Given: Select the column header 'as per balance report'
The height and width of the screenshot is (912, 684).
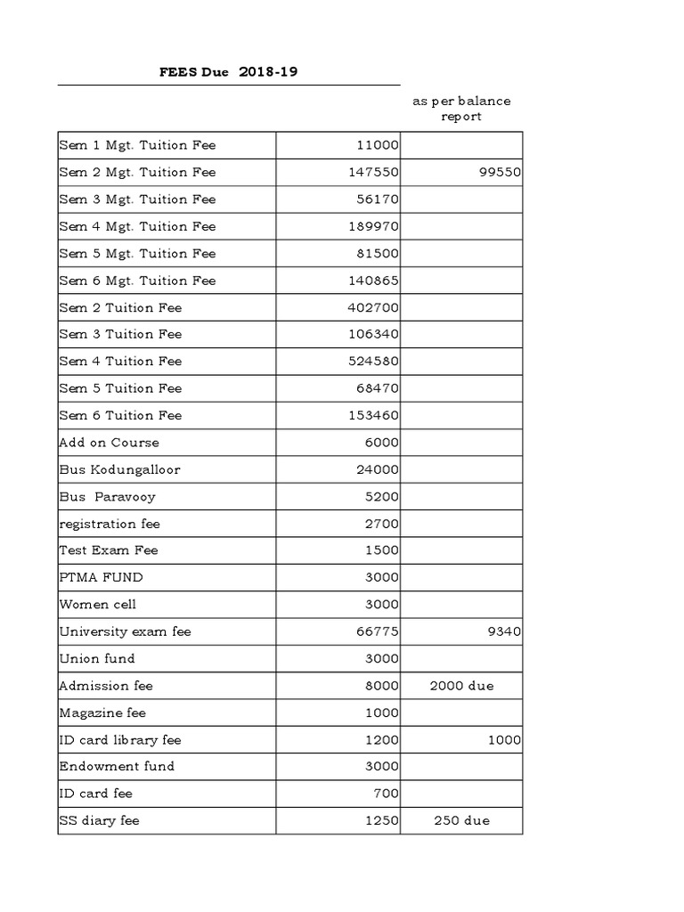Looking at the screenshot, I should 460,109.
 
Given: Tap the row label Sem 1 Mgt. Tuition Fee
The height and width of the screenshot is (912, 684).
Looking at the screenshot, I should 137,145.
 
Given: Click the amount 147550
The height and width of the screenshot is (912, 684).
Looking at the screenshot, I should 373,172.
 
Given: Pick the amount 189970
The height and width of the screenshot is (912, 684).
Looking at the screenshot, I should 373,226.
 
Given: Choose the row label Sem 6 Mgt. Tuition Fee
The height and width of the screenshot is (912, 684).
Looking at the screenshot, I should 137,281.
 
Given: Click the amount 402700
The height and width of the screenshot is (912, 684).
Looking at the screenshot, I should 373,307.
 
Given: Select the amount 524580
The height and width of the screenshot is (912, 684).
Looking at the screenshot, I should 373,362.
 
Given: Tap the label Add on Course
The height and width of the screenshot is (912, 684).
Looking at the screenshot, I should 109,443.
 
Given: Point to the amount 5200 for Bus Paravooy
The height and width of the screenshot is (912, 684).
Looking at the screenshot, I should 381,496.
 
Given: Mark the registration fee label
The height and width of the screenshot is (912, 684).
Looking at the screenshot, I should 110,524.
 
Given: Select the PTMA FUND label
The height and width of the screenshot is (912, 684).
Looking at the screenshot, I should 101,577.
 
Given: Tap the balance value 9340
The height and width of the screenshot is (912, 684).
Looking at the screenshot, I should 503,631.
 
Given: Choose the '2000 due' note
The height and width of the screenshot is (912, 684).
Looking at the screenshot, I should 460,686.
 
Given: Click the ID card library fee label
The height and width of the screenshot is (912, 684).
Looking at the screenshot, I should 120,739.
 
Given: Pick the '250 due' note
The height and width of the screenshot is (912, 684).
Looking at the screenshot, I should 460,820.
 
